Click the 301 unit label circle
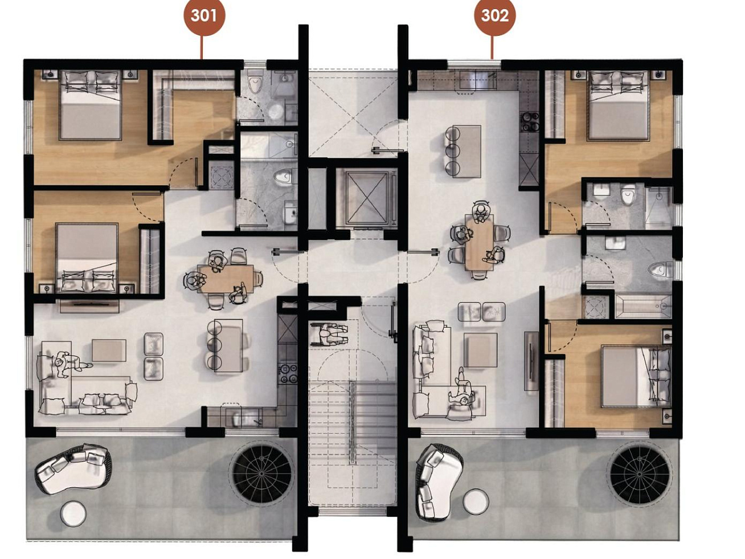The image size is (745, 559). coord(204,15)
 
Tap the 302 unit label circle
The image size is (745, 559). coord(494,15)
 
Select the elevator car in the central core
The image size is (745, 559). coord(367,198)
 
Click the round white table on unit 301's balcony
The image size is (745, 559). coord(73,514)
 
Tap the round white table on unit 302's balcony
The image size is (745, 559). coord(476,502)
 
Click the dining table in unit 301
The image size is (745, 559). coord(226,279)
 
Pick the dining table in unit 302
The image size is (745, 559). coord(479,242)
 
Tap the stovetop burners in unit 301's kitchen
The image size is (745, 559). coord(288,374)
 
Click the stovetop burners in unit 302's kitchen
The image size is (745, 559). coord(530,122)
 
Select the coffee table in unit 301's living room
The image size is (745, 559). coord(109,350)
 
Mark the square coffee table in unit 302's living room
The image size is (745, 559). coord(480,350)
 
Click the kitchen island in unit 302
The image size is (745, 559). coord(466,152)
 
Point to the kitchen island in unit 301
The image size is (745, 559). coord(228,345)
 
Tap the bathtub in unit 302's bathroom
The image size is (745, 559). coord(643,307)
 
